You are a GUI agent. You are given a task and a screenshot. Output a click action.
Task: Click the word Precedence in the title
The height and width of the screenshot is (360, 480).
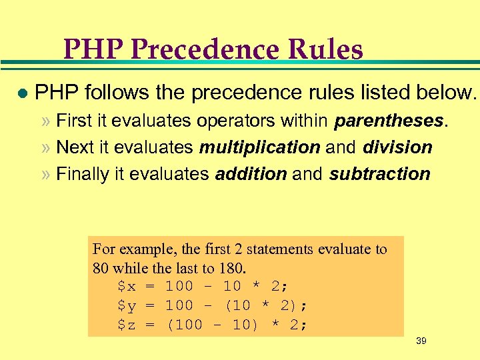(x=211, y=50)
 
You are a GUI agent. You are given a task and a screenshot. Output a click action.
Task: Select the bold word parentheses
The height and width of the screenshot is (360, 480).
(x=389, y=121)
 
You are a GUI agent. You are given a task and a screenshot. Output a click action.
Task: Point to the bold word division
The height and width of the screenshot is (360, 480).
(x=398, y=147)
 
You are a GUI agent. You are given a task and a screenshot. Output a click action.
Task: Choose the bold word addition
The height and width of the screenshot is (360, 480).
(x=251, y=174)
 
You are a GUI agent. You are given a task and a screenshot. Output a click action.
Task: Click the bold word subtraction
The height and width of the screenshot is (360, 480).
(x=380, y=174)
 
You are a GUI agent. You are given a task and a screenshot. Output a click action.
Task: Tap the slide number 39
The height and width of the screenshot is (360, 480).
(x=421, y=341)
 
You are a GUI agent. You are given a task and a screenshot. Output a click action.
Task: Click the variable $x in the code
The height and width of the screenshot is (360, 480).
(x=126, y=287)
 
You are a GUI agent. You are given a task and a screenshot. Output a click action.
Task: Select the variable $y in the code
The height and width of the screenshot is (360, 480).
(x=126, y=306)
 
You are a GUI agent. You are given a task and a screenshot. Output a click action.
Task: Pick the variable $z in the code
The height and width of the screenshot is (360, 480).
(x=126, y=325)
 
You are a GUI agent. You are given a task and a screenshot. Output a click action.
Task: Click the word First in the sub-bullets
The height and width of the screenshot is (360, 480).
(x=74, y=121)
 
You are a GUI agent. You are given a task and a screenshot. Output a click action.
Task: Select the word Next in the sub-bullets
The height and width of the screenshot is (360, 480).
(x=73, y=147)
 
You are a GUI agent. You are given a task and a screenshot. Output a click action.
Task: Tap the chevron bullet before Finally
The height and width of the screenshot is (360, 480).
(x=46, y=175)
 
